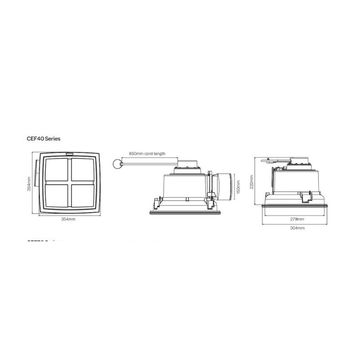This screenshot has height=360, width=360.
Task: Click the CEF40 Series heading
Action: coord(44,139)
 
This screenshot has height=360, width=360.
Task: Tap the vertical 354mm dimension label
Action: coord(29,184)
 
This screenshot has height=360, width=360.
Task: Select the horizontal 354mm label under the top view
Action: coord(68,219)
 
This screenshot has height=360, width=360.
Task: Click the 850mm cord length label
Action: coord(147,153)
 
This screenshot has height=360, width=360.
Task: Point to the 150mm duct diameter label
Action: coord(239,185)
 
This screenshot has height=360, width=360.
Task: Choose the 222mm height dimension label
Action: coord(252,181)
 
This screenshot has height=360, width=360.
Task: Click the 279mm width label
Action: coord(297,219)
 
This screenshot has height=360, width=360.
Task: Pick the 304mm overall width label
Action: coord(297,228)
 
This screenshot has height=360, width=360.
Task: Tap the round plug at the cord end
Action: coord(117,164)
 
